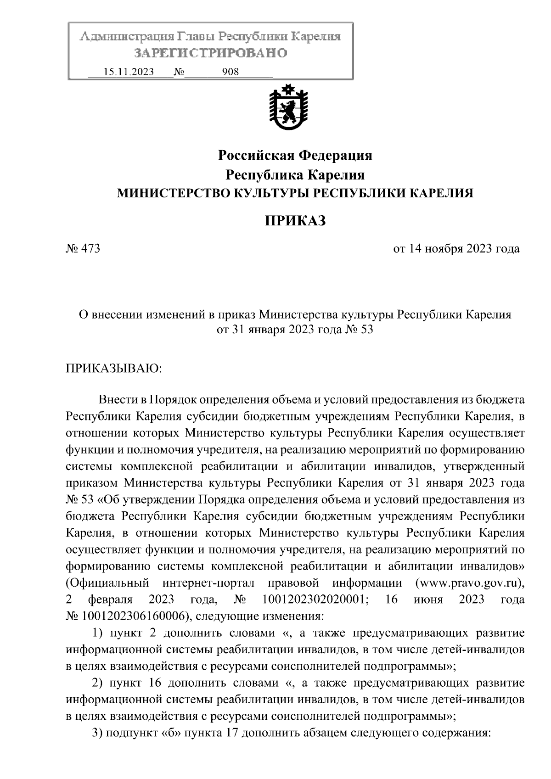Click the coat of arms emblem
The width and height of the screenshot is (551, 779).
click(288, 108)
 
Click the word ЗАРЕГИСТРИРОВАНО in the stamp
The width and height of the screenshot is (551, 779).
click(210, 53)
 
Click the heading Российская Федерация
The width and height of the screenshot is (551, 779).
click(295, 156)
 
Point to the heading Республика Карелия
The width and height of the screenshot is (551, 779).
click(295, 175)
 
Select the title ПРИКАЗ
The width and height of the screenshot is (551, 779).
click(295, 221)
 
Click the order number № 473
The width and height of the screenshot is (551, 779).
click(83, 249)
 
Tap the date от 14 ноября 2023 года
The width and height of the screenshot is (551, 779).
click(456, 249)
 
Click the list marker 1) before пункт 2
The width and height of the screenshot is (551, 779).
click(97, 633)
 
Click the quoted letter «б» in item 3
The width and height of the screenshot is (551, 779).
click(170, 733)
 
